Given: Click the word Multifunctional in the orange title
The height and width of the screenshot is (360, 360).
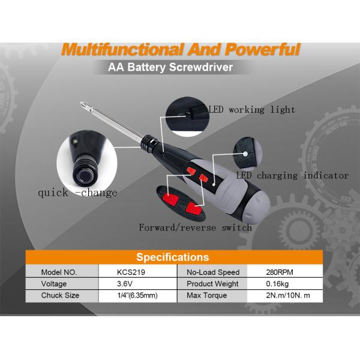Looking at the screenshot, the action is coord(122,50).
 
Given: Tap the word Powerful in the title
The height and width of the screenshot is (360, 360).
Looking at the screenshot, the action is coord(262,49).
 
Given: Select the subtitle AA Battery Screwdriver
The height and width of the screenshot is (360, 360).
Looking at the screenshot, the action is coord(170,67).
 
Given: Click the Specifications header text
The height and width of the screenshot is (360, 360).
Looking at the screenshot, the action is coord(173,257).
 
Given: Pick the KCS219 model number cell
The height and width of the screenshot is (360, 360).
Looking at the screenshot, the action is coord(131,272).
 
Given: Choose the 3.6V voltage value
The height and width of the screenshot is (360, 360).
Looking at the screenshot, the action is coord(125,284).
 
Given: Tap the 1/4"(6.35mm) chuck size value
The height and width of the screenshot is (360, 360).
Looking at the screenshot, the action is coord(137,295).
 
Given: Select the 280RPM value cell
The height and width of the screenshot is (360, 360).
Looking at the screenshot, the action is coord(280,272).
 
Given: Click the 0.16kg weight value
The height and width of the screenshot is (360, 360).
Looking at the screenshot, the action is coord(277,284).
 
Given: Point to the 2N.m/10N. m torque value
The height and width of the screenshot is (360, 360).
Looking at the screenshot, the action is coord(288,295).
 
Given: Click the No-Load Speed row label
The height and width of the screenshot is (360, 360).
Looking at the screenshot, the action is coord(213,272).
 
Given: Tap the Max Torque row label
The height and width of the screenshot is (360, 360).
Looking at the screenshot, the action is coord(206,295).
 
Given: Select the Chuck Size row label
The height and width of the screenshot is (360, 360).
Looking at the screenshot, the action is coord(60,295).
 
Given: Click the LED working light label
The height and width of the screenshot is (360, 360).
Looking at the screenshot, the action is coord(251,110).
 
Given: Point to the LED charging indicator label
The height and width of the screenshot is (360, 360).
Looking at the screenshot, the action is coord(293,176).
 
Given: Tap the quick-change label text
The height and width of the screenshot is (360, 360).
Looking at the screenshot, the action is coord(77,193).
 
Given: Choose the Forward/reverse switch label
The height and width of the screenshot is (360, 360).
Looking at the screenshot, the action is coord(196,227).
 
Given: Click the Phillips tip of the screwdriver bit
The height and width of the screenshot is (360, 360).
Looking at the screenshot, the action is coord(82,104).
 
